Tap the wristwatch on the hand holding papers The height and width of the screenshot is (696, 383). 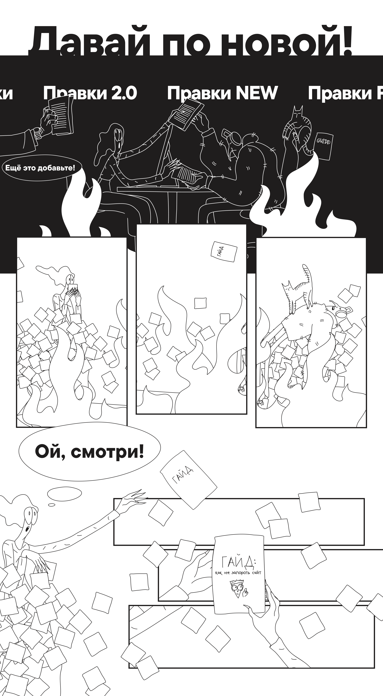38,132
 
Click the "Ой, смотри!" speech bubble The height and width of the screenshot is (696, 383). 89,452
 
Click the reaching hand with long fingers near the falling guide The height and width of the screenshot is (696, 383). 132,499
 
